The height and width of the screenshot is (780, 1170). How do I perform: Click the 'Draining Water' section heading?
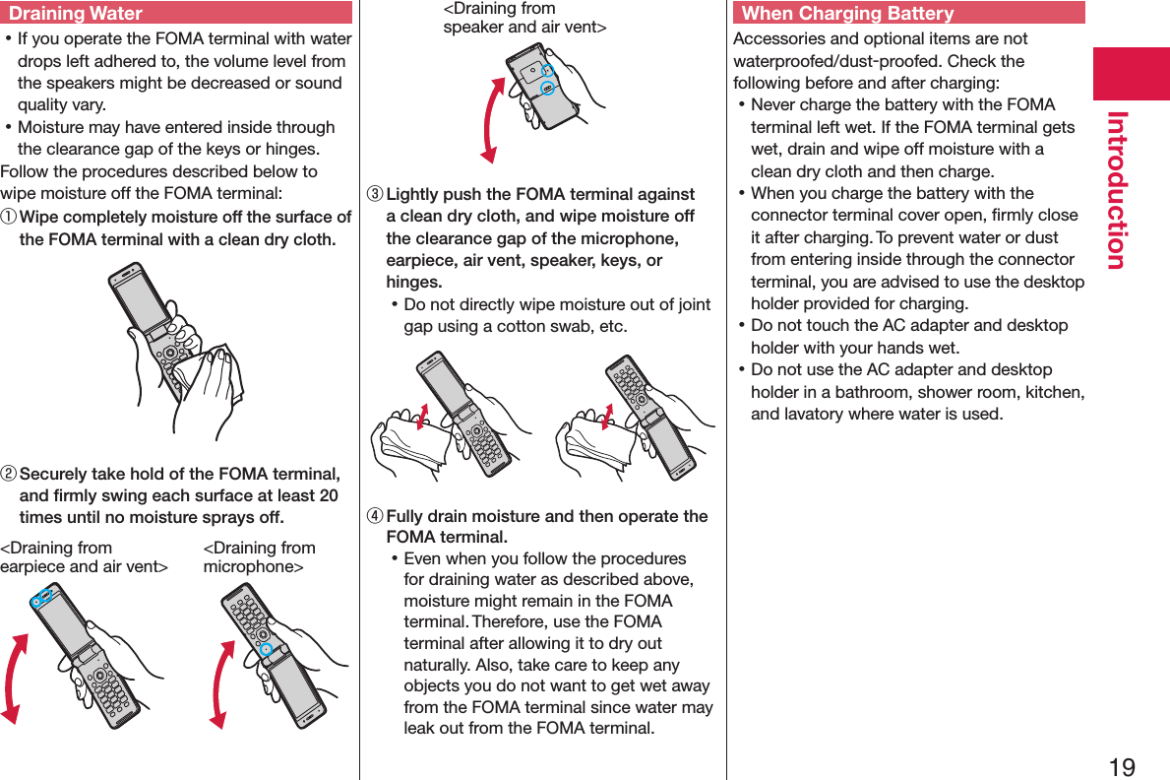(76, 14)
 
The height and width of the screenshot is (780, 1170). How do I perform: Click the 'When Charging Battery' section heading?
(847, 14)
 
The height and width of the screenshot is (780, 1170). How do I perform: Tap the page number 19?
(1121, 767)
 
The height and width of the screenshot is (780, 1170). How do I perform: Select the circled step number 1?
(9, 218)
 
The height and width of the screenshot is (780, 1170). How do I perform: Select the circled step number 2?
(9, 475)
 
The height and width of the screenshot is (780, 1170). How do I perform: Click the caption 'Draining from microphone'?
(259, 557)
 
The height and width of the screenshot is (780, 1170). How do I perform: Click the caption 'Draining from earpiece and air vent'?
(84, 557)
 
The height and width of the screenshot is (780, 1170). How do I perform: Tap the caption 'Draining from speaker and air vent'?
(523, 18)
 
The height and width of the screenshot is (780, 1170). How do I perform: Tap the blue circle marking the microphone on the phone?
(265, 650)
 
